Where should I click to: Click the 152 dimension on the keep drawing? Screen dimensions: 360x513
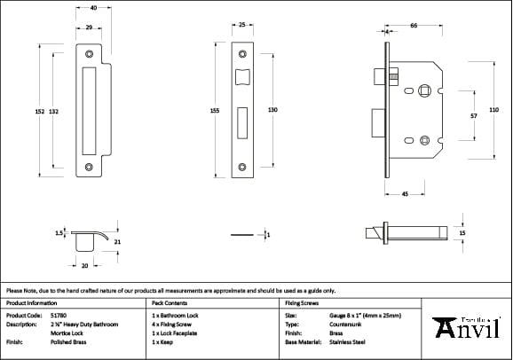click(x=39, y=111)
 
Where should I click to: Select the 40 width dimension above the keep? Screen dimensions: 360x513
click(x=93, y=7)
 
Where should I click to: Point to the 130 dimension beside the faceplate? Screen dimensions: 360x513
click(x=272, y=110)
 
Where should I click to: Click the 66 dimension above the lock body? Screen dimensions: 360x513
click(x=414, y=27)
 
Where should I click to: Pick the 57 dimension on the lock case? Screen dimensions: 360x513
click(x=474, y=115)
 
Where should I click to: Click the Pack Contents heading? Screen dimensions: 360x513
click(x=170, y=302)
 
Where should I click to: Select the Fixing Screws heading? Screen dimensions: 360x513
click(x=302, y=302)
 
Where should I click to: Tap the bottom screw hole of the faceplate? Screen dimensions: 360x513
click(x=241, y=163)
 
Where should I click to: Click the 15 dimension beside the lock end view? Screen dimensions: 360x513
click(x=462, y=232)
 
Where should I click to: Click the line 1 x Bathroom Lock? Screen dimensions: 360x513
click(x=175, y=315)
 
